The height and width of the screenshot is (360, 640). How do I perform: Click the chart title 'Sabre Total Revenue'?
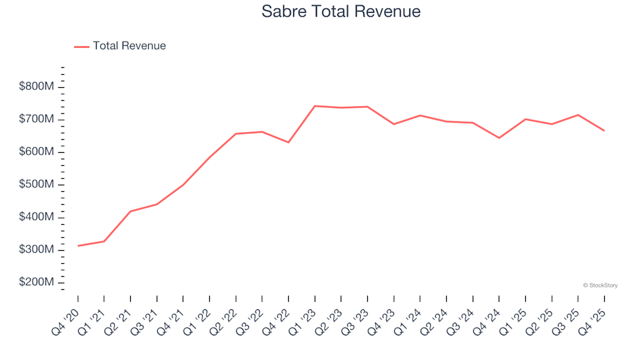(x=341, y=11)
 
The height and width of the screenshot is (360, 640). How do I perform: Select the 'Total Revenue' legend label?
(x=129, y=46)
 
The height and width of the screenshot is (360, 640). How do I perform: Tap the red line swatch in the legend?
(x=81, y=47)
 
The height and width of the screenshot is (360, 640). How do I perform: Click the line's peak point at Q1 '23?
(x=315, y=106)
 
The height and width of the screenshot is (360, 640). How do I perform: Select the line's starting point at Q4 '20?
(x=78, y=246)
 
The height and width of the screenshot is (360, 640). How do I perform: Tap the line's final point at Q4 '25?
(x=604, y=131)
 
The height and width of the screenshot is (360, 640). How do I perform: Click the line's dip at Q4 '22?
(x=289, y=143)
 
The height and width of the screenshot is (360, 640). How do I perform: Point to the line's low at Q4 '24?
(x=499, y=138)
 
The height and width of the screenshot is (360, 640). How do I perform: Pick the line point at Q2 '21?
(x=131, y=211)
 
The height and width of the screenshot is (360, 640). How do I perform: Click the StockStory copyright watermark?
(x=600, y=285)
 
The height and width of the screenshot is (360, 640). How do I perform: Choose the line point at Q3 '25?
(x=578, y=115)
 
